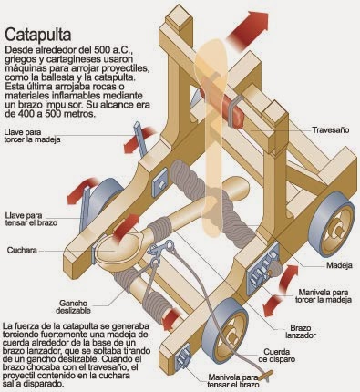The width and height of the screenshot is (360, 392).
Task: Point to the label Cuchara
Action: (x=22, y=249)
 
